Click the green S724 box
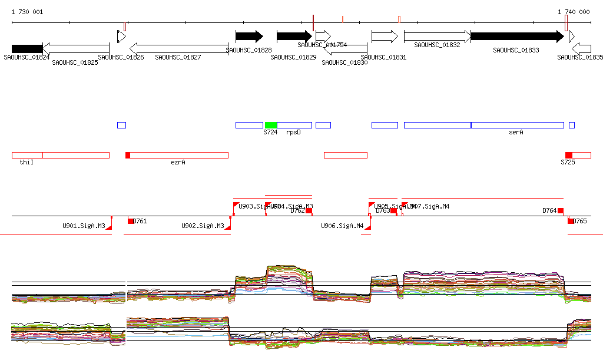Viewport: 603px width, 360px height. pos(271,125)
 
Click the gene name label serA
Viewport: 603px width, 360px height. pos(516,133)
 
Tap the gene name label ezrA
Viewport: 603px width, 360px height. pos(178,162)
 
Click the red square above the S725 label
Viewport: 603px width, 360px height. pos(568,155)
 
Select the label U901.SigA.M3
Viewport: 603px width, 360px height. pos(84,226)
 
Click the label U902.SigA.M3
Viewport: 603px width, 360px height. pos(203,226)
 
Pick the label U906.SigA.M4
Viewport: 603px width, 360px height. pos(342,226)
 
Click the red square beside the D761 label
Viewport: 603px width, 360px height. pos(131,221)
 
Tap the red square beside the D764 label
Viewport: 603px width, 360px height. pos(561,210)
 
